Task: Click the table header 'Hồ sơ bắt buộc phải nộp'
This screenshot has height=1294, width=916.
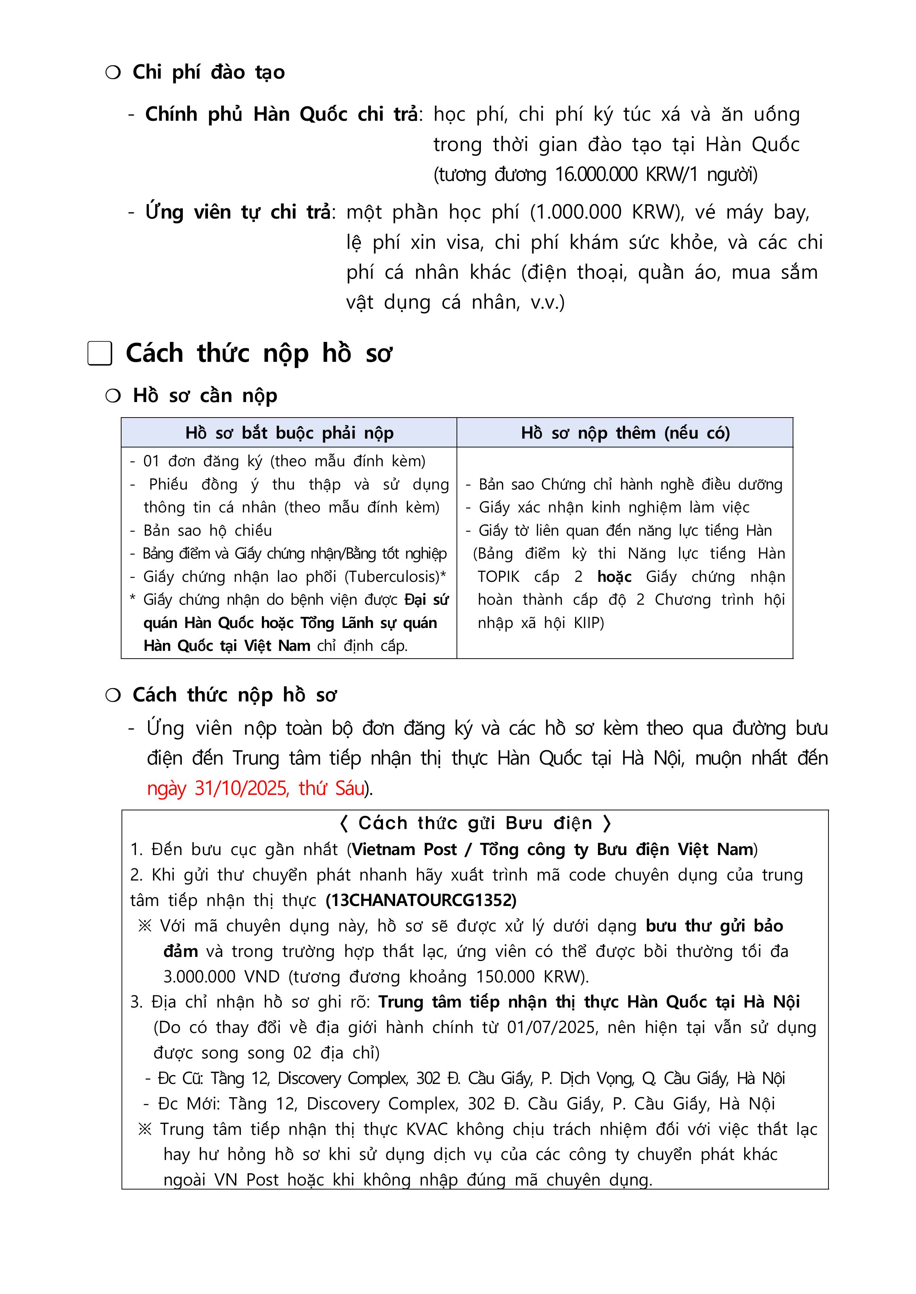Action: point(289,433)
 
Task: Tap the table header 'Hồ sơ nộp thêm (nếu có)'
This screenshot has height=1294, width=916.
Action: point(625,433)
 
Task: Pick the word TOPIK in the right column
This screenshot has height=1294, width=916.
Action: point(498,577)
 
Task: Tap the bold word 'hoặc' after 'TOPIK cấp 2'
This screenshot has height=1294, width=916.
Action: point(614,577)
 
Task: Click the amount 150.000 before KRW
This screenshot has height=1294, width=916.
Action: point(505,976)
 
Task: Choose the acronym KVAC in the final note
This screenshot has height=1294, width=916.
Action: point(426,1129)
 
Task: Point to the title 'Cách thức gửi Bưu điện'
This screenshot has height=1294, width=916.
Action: point(475,824)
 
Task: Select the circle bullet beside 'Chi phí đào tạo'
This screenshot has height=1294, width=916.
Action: point(113,72)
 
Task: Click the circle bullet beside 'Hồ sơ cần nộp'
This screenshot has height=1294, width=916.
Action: point(113,396)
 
